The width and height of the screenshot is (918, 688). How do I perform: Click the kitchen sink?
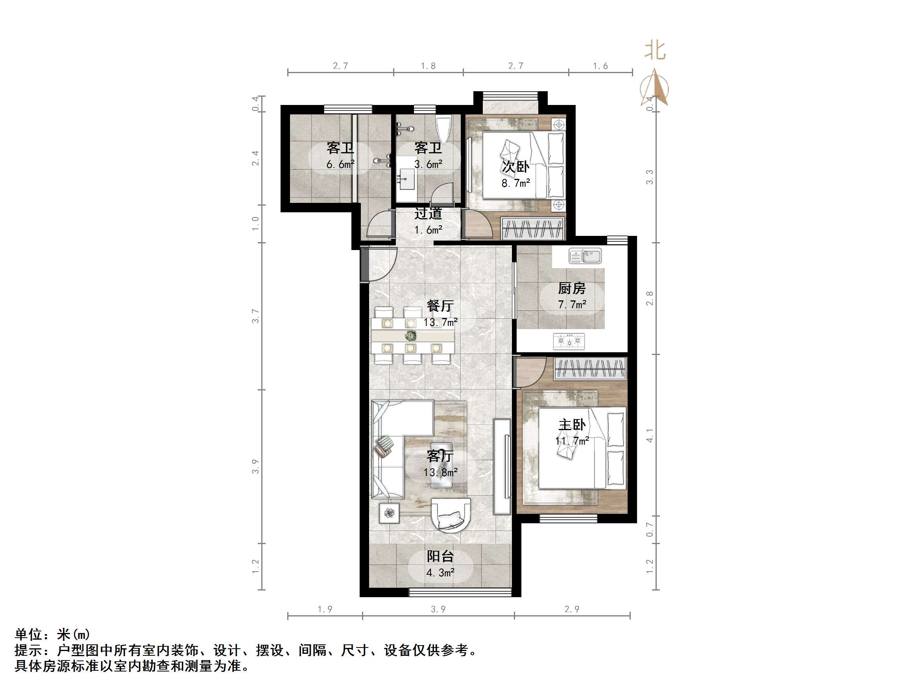pos(585,256)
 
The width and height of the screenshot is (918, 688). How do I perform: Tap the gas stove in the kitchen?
pos(569,341)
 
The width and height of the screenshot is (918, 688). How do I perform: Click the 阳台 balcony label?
pos(440,557)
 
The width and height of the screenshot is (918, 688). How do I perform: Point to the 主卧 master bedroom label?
pos(572,425)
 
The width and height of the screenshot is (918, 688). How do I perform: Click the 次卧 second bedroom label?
pos(515,167)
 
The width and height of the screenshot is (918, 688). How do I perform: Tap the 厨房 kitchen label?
pos(572,288)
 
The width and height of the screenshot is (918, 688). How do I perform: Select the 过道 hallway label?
pos(428,213)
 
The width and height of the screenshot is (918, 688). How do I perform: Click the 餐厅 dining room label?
pos(440,306)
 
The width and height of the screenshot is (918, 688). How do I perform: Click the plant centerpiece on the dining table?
pos(411,335)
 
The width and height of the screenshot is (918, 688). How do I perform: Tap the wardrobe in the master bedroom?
pos(590,368)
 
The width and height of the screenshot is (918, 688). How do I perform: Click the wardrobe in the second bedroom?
pos(533,228)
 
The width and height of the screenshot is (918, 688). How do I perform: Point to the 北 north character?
pos(655,51)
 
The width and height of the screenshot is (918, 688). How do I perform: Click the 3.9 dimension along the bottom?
pos(438,609)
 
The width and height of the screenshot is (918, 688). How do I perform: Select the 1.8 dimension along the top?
pos(428,66)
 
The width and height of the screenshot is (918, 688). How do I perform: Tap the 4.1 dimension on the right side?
pos(650,435)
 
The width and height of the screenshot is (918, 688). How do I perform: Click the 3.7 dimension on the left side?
pos(256,316)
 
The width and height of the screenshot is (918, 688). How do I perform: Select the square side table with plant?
pos(389,513)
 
